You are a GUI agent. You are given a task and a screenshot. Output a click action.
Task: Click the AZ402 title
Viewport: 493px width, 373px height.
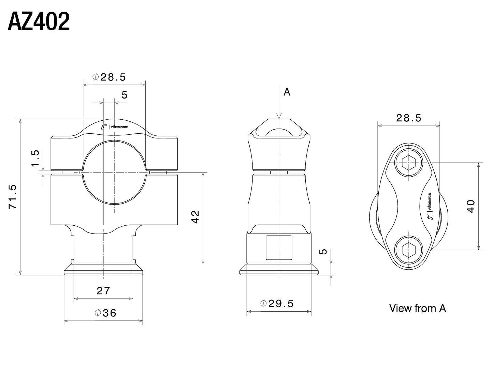click(39, 21)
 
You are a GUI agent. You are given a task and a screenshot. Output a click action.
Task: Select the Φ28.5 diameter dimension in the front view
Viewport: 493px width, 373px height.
click(109, 77)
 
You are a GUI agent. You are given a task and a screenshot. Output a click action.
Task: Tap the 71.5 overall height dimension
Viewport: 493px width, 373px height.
click(13, 197)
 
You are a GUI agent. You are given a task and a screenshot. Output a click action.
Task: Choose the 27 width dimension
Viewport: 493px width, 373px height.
click(103, 291)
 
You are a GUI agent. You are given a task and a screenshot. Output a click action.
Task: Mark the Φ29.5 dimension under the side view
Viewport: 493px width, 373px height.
click(277, 303)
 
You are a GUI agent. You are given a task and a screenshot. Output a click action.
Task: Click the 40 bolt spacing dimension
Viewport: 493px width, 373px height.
click(471, 206)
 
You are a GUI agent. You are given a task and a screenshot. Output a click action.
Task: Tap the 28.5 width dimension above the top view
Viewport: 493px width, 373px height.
click(409, 118)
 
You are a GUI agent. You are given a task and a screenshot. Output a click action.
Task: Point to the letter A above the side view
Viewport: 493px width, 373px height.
click(287, 92)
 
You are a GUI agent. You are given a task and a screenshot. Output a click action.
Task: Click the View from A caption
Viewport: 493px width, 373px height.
click(417, 308)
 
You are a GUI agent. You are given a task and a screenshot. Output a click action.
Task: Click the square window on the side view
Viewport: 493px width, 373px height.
click(279, 247)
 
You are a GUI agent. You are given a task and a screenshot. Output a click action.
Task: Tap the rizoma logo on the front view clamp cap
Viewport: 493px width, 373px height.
click(115, 127)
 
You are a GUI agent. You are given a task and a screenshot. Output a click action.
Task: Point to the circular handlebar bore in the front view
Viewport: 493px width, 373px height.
click(114, 173)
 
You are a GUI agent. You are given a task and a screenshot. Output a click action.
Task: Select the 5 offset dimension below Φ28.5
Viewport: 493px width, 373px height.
click(124, 95)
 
